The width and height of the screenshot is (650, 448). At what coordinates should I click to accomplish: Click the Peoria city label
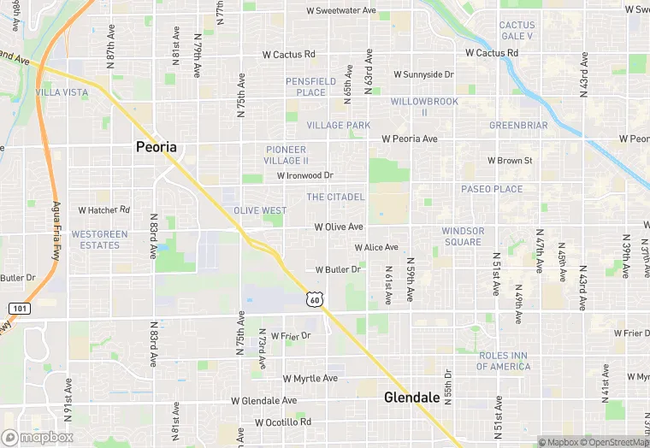[x=157, y=147]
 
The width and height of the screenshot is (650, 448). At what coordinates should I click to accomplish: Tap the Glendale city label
[x=411, y=398]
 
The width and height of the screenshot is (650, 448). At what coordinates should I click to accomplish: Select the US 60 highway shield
[x=316, y=298]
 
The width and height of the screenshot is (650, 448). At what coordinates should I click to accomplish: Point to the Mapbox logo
[x=38, y=437]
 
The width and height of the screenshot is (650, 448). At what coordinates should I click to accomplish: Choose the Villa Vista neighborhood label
[x=62, y=91]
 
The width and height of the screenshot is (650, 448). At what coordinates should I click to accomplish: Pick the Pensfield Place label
[x=305, y=86]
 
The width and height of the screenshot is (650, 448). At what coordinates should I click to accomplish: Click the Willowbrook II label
[x=424, y=106]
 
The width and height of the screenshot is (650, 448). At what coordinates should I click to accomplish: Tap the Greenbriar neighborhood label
[x=518, y=125]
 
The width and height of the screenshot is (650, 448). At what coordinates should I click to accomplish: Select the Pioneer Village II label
[x=287, y=155]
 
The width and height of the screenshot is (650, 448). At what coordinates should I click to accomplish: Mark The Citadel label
[x=335, y=197]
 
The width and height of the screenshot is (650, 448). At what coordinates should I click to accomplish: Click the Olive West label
[x=261, y=210]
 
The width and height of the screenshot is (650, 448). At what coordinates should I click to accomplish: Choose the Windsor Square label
[x=463, y=236]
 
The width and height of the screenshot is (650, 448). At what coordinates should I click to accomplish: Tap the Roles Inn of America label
[x=503, y=361]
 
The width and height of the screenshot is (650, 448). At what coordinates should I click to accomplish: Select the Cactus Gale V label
[x=517, y=31]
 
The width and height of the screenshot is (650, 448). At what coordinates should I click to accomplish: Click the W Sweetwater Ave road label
[x=342, y=11]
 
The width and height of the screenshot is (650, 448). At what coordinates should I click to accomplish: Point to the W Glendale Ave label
[x=263, y=400]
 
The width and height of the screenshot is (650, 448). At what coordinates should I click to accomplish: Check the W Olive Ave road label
[x=339, y=227]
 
